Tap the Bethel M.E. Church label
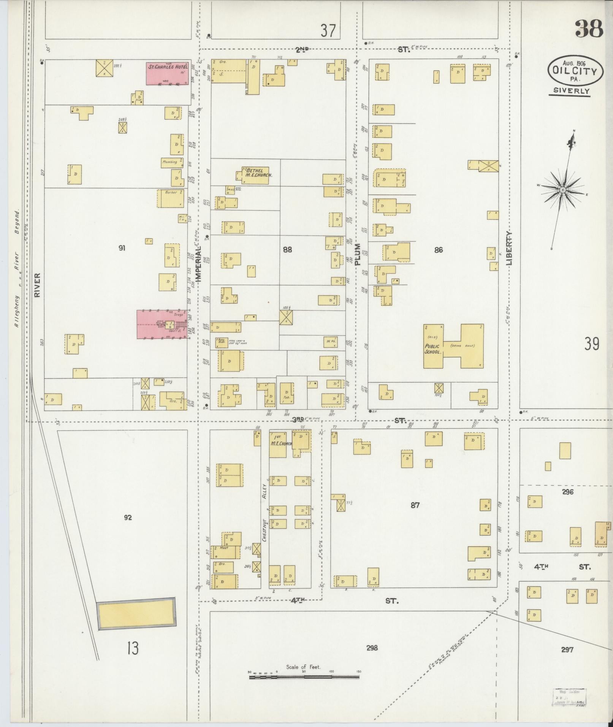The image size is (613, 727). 257,173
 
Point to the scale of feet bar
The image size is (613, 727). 304,410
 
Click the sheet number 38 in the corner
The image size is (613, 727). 589,29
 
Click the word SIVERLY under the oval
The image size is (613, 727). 569,91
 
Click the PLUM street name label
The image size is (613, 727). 357,255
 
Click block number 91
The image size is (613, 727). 122,248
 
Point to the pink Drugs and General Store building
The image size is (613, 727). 162,324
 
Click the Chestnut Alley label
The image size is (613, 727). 265,517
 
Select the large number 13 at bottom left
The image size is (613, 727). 133,648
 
